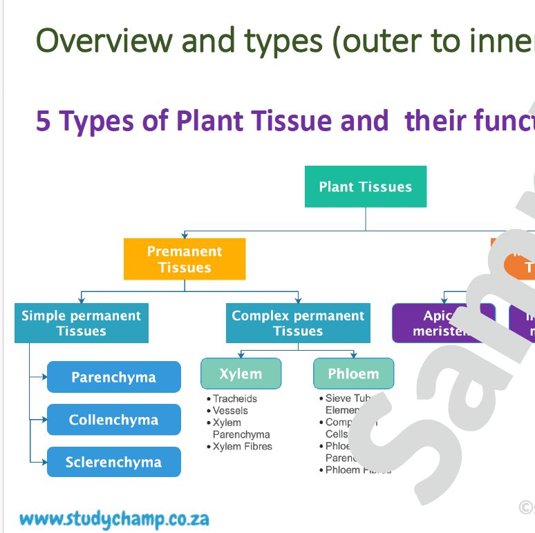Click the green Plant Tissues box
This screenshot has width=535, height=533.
[x=365, y=186]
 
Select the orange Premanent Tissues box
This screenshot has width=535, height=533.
[x=185, y=259]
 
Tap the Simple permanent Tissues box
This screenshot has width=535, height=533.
[x=81, y=323]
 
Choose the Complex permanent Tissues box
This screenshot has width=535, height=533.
[x=298, y=323]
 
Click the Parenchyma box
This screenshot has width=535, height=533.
[x=113, y=377]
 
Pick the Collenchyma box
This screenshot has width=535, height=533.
[x=113, y=420]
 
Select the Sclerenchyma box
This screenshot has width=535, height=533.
[x=113, y=462]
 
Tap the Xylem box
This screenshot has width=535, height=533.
[x=241, y=374]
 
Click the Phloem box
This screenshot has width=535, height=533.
[x=353, y=374]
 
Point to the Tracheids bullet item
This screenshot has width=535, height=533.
[x=234, y=398]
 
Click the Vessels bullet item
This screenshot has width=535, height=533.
[x=230, y=410]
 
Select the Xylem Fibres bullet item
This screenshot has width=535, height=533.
[x=242, y=447]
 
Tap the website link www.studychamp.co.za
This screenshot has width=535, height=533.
[x=114, y=519]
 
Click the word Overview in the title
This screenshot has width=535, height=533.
[x=104, y=41]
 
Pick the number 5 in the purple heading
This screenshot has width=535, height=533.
[x=44, y=122]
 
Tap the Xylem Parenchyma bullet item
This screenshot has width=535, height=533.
[x=241, y=429]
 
